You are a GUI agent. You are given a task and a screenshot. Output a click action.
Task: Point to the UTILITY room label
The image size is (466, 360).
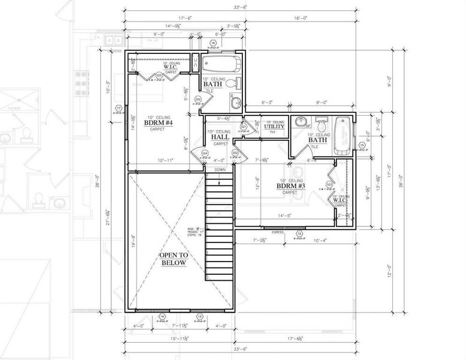point(275,127)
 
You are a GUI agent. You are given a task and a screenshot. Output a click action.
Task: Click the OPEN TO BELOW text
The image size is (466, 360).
point(174,259)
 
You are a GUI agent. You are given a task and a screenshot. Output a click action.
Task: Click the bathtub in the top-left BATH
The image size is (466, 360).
point(221,65)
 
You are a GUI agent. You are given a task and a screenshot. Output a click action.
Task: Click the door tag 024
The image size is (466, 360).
point(205,154)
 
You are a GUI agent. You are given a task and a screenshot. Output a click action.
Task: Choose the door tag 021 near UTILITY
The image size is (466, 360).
point(244,127)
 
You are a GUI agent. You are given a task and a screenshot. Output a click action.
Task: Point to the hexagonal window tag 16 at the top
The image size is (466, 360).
point(213,43)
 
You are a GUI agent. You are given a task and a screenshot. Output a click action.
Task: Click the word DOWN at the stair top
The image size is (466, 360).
point(221,170)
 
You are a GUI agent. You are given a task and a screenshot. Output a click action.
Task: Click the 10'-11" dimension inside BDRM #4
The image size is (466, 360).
point(166,161)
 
